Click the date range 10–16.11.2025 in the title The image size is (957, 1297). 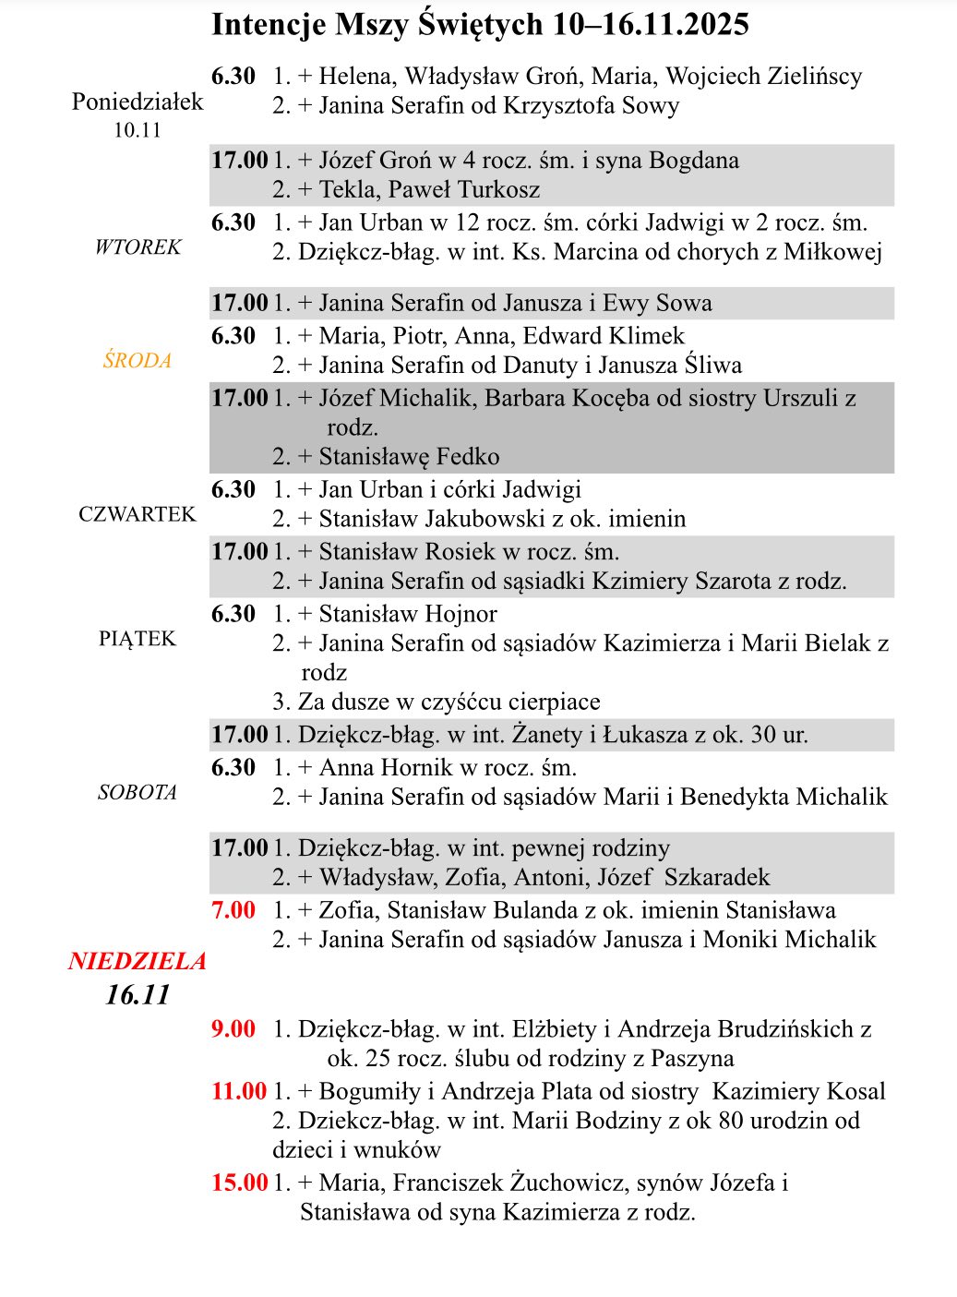[x=651, y=25]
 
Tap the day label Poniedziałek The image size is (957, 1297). [x=138, y=102]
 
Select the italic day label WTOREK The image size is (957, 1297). [x=138, y=247]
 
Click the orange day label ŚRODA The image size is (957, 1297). [x=138, y=361]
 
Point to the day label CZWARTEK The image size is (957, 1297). [x=138, y=514]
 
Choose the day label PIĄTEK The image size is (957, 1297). [x=138, y=639]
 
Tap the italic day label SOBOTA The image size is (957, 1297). [x=138, y=792]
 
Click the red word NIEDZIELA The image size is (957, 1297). [x=138, y=961]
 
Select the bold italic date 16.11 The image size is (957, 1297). [x=138, y=994]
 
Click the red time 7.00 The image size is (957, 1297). [x=233, y=910]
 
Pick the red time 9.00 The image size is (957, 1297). [x=233, y=1029]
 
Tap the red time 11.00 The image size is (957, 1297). [x=238, y=1091]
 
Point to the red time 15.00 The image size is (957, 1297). [x=238, y=1183]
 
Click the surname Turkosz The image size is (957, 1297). [x=498, y=190]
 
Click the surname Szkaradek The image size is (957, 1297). [x=717, y=878]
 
